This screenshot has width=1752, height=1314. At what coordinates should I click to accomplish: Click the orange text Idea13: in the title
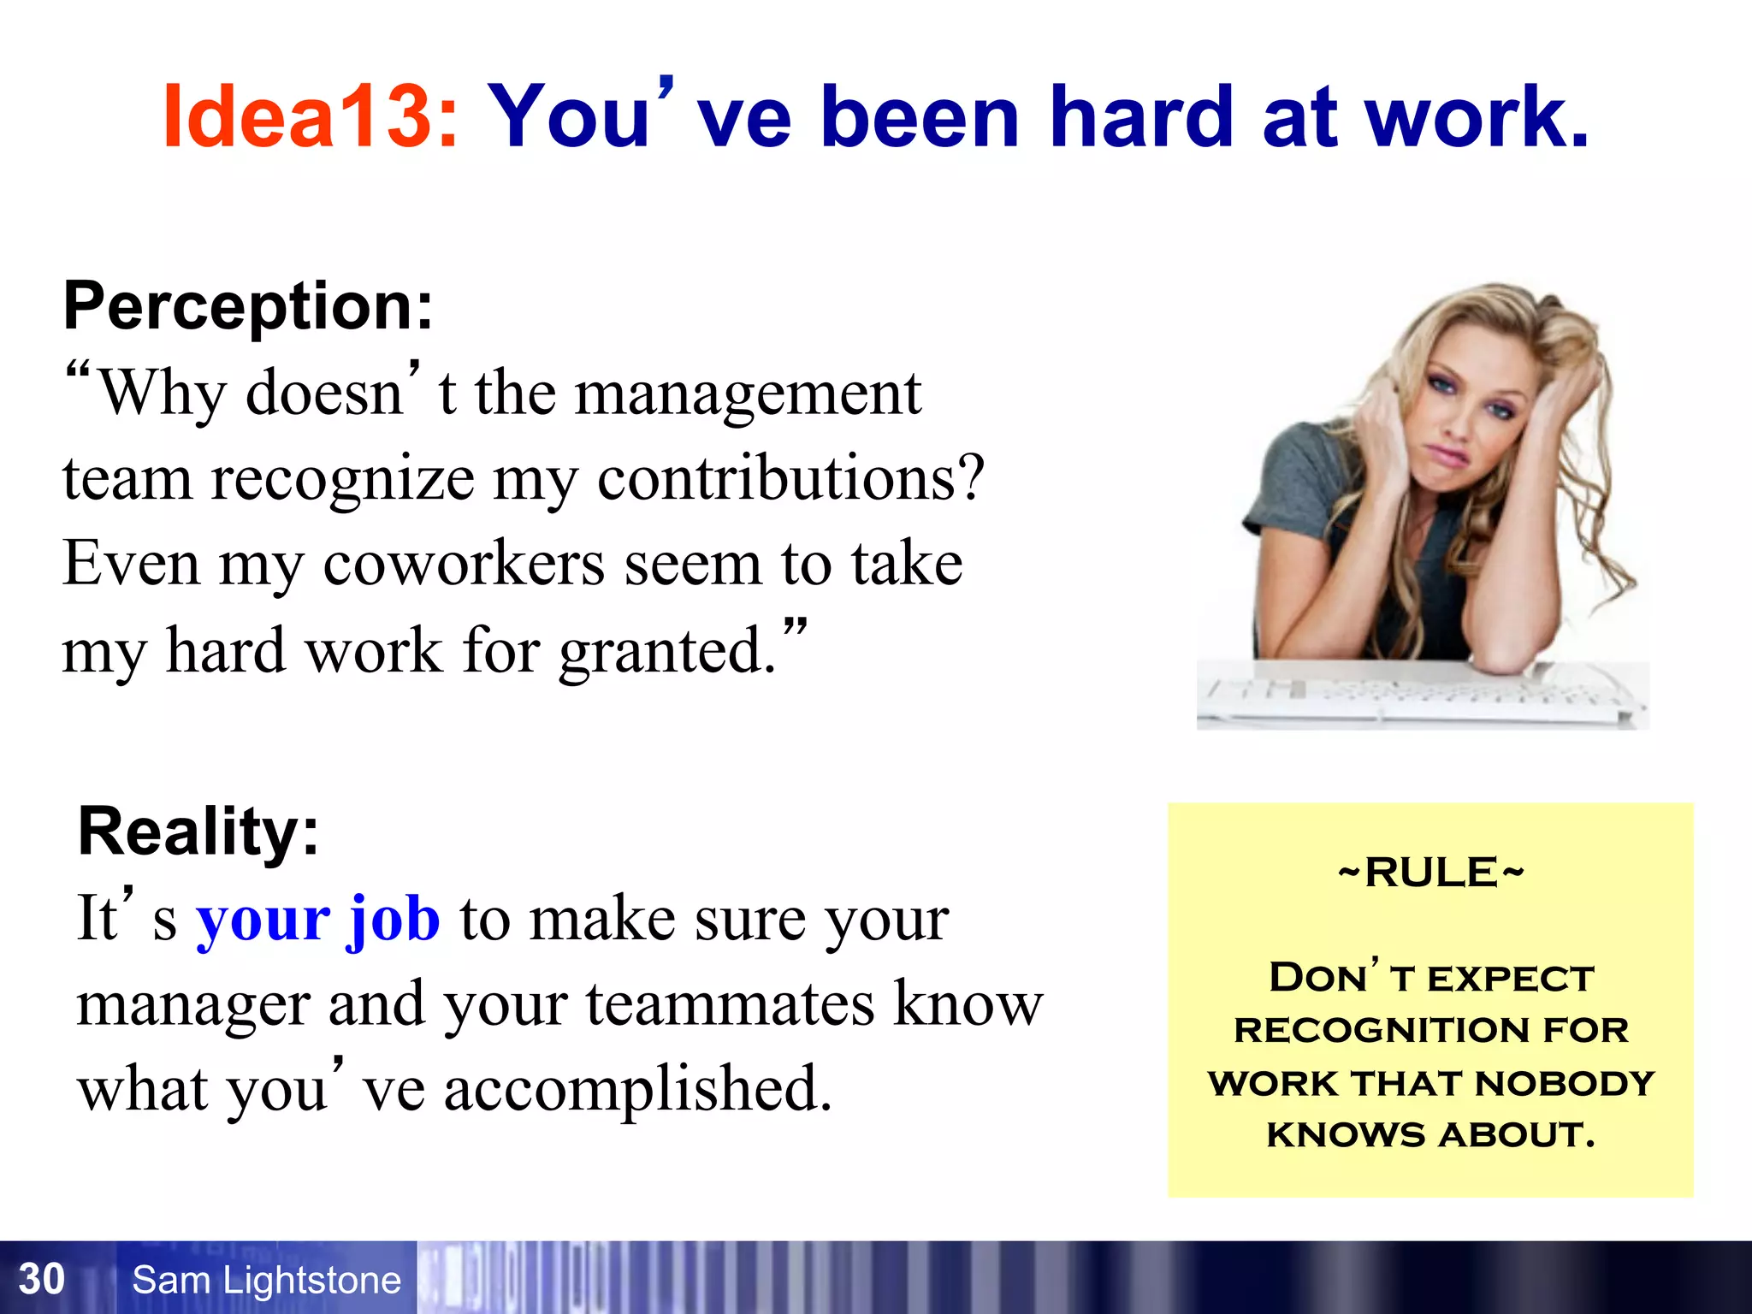click(x=310, y=116)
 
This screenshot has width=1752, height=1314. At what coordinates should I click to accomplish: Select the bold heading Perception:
click(x=248, y=306)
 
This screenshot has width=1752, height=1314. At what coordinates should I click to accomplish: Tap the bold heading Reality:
click(x=198, y=832)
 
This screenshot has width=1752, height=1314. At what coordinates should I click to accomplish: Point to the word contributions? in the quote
click(x=790, y=479)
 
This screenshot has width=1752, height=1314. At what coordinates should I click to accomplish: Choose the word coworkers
click(x=463, y=565)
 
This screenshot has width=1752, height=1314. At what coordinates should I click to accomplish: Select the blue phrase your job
click(x=318, y=919)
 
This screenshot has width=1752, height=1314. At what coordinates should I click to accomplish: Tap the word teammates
click(x=730, y=1004)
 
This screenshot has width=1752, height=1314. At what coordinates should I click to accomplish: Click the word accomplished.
click(x=637, y=1090)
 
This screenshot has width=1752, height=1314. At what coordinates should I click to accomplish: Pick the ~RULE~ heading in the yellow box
click(x=1430, y=873)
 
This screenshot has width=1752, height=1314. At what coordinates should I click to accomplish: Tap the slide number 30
click(x=41, y=1279)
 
